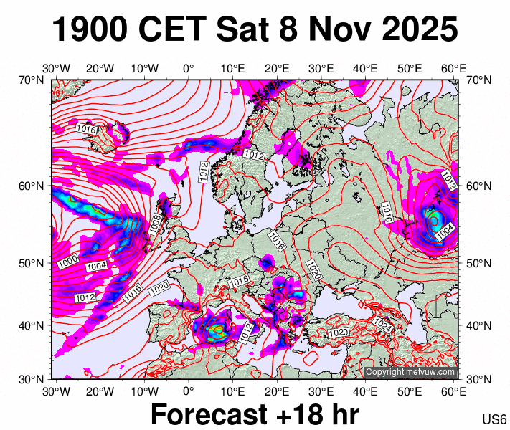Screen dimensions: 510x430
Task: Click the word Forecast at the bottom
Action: click(214, 415)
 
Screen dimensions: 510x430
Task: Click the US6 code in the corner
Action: click(494, 419)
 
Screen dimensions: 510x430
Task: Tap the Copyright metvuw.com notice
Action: click(410, 372)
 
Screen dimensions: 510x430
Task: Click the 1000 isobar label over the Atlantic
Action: click(68, 262)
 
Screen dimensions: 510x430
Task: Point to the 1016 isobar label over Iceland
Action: click(87, 129)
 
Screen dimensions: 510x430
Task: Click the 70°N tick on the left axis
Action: click(32, 80)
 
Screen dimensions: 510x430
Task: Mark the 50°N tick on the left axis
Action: click(32, 263)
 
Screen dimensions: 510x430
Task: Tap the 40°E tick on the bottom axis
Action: click(365, 391)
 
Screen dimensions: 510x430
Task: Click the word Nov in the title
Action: click(334, 30)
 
